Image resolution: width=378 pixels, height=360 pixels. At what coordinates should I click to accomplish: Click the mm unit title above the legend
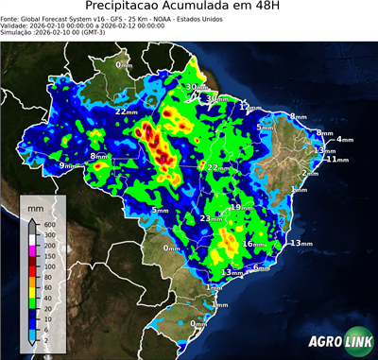tap(35, 205)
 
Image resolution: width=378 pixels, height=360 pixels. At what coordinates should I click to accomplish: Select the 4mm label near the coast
tap(343, 140)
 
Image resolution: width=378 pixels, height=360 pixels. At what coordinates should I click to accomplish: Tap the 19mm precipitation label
tap(242, 207)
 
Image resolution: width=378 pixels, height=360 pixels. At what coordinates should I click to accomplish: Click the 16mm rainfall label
tap(254, 244)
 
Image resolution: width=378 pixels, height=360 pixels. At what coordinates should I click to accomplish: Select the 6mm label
tap(262, 267)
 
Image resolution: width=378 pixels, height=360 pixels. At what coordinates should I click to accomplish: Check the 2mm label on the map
tap(309, 174)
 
